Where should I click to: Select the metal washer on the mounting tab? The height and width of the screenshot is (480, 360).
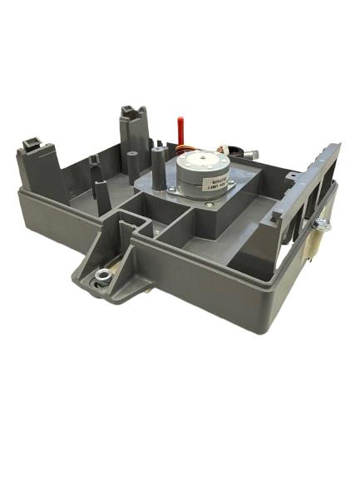(102, 276)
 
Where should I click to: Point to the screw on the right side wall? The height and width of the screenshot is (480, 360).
(318, 224)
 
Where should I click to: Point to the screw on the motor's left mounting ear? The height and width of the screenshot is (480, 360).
(171, 191)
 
